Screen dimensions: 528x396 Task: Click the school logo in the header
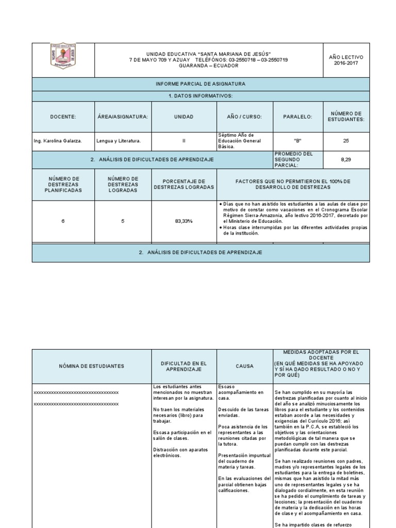[x=63, y=56]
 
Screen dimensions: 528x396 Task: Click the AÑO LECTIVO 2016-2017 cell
[x=345, y=59]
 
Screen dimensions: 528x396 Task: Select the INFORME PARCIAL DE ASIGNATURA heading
[x=201, y=84]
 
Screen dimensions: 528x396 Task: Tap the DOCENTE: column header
[x=63, y=117]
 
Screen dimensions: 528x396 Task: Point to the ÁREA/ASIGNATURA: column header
[x=122, y=117]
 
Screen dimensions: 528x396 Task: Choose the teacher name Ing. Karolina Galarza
[x=58, y=140]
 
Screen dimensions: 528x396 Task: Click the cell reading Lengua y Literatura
[x=119, y=140]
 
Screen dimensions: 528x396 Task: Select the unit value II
[x=184, y=140]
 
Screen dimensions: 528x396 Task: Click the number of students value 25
[x=345, y=140]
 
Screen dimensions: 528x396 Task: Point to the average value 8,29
[x=345, y=160]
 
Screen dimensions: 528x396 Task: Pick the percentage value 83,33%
[x=184, y=221]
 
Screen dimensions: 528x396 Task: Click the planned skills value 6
[x=63, y=221]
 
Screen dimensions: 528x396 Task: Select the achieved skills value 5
[x=122, y=221]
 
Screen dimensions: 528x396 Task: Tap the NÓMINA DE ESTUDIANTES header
[x=91, y=366]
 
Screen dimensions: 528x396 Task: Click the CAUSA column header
[x=244, y=366]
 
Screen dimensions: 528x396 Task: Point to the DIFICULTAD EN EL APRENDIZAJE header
[x=184, y=366]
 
